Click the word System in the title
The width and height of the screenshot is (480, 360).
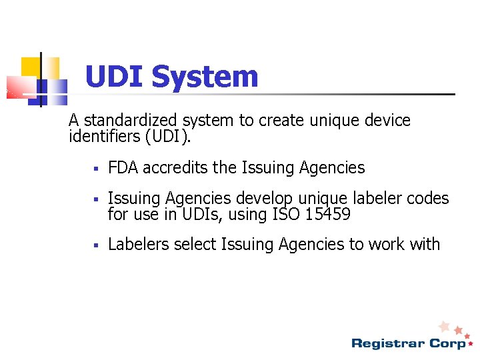(x=205, y=77)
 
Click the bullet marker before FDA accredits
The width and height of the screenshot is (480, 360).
(x=96, y=169)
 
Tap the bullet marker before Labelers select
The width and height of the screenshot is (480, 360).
(x=96, y=245)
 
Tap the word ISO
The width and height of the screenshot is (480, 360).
(x=282, y=215)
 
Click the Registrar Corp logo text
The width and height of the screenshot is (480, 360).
(x=409, y=343)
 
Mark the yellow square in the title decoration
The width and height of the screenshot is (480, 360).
(x=31, y=67)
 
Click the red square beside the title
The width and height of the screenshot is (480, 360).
(x=20, y=87)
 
